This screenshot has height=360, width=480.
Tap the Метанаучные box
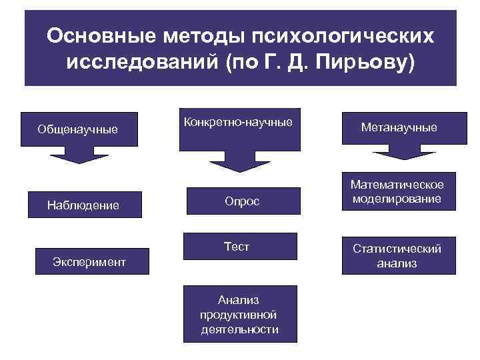[x=399, y=127]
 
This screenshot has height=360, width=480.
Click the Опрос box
[x=241, y=201]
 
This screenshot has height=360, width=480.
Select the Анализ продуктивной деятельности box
[x=239, y=315]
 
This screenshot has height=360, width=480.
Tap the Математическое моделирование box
[x=398, y=192]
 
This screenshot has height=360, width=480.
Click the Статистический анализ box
[x=397, y=255]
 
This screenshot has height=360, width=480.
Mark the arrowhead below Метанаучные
[x=399, y=155]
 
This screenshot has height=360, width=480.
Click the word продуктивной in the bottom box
[x=238, y=315]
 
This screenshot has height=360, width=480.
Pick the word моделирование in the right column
[x=399, y=199]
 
